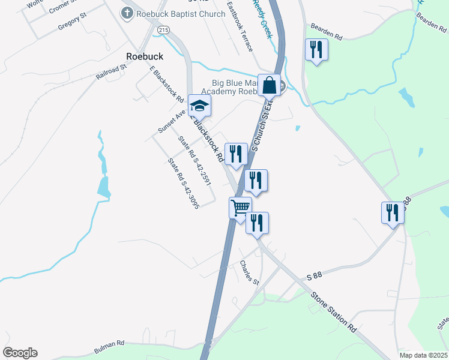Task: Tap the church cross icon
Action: (x=127, y=12)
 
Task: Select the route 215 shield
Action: (x=163, y=29)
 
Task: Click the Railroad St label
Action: (x=112, y=72)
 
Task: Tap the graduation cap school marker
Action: (x=199, y=107)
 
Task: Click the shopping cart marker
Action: (x=240, y=208)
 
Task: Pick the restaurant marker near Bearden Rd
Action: (x=316, y=49)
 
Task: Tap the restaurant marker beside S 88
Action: (x=393, y=212)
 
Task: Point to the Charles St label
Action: (x=249, y=273)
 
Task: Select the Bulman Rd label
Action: (x=109, y=347)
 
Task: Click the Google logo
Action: (x=20, y=353)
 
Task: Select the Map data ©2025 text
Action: (x=423, y=355)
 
